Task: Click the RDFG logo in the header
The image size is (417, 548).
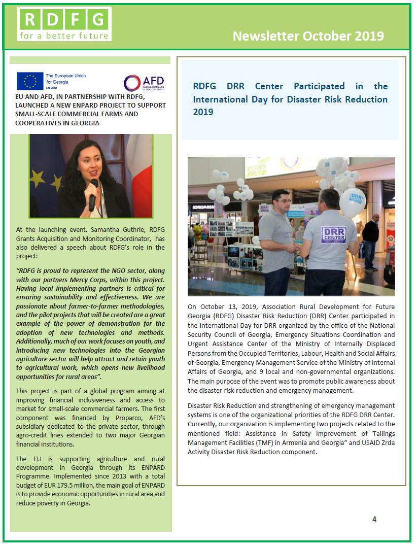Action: click(64, 24)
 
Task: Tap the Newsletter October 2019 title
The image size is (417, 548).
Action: click(308, 36)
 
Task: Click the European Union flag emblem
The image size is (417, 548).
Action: click(30, 81)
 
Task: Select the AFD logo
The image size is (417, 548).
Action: click(145, 82)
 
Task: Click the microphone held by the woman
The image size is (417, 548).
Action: click(93, 194)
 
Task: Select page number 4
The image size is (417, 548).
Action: click(374, 519)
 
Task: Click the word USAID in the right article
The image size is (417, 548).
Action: click(359, 442)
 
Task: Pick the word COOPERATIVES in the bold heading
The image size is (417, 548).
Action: click(38, 123)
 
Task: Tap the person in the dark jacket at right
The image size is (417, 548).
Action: click(370, 241)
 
